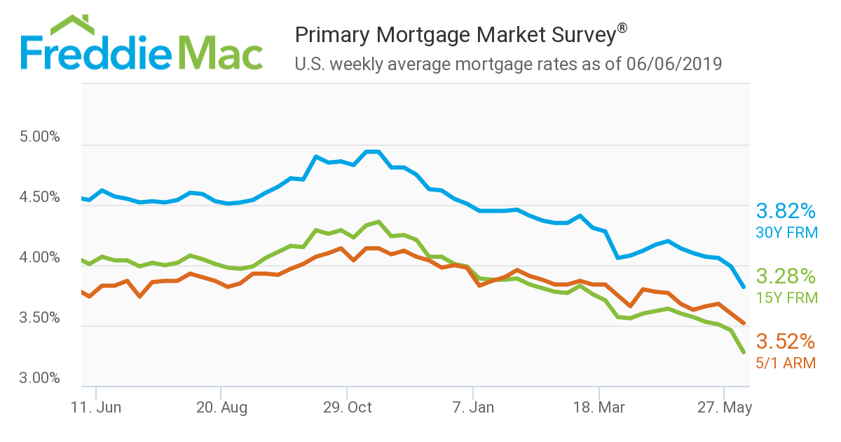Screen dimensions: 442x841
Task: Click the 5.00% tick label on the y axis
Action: coord(40,137)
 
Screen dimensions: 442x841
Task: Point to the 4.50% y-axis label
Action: coord(40,197)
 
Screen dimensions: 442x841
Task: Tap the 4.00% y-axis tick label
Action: coord(40,257)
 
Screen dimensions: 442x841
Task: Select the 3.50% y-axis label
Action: coord(40,318)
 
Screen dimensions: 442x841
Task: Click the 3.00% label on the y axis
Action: coord(40,378)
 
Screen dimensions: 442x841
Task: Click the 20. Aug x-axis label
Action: coord(221,408)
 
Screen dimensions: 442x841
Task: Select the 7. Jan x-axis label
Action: coord(474,408)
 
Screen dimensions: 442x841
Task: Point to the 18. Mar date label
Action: coord(600,408)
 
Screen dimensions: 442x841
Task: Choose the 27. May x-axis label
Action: coord(725,408)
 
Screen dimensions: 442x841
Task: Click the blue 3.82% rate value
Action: coord(786,211)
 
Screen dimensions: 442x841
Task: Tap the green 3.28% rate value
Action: coord(786,276)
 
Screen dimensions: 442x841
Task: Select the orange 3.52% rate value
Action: coord(786,342)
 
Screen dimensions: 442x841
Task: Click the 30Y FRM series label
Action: coord(786,232)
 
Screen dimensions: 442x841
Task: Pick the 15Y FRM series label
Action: coord(786,297)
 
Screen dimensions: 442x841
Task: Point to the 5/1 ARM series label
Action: coord(786,363)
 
